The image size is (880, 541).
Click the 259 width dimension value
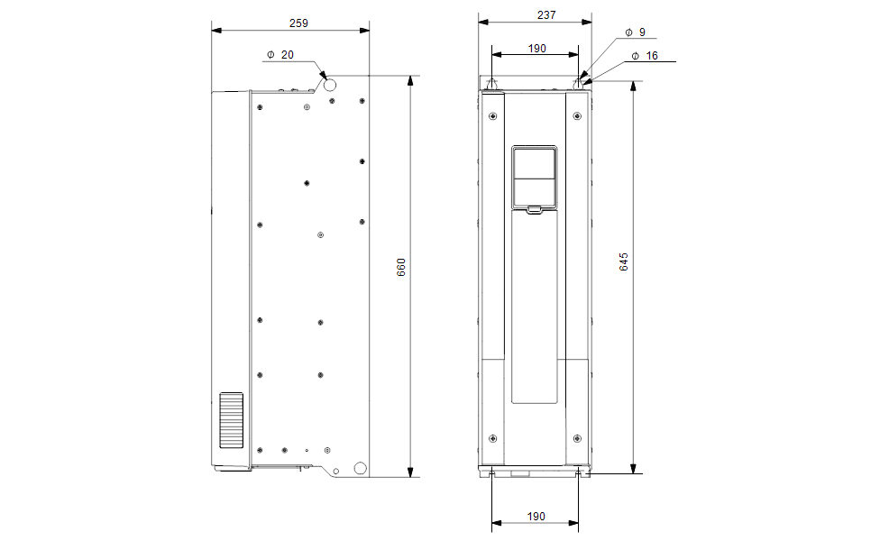289,20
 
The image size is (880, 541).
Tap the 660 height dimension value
402,268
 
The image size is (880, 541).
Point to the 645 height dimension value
623,262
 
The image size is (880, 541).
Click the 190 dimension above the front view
536,49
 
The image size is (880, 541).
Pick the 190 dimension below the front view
536,517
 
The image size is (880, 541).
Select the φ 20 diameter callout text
280,55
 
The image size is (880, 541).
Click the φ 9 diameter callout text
636,32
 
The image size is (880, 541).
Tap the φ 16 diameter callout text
646,56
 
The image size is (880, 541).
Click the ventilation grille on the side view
232,421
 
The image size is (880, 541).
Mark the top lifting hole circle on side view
329,85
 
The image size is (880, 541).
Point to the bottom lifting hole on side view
360,468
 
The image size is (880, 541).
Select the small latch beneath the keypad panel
534,210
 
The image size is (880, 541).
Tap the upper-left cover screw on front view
492,116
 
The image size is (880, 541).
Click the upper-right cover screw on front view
577,116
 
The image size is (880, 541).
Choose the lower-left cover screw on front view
492,438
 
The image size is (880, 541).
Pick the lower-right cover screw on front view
577,438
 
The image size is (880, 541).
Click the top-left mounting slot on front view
491,85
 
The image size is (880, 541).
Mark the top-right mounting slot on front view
578,85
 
